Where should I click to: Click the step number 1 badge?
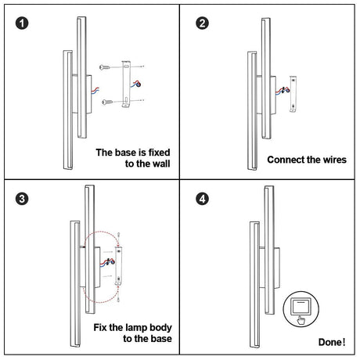click(x=22, y=23)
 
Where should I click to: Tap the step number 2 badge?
click(x=202, y=23)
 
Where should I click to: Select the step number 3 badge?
click(x=22, y=199)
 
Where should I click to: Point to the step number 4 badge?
click(x=202, y=199)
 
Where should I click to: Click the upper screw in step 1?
click(x=105, y=67)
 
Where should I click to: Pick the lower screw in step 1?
click(x=107, y=102)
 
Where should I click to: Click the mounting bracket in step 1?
click(x=126, y=85)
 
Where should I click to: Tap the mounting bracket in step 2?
click(x=293, y=94)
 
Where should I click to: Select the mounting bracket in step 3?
click(x=119, y=265)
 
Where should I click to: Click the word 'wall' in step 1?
click(x=161, y=164)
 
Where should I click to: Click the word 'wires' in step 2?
click(x=335, y=160)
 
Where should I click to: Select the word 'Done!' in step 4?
click(x=332, y=342)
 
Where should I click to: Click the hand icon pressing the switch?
click(x=301, y=320)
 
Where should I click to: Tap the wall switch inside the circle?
click(x=301, y=307)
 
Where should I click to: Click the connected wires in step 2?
click(x=283, y=90)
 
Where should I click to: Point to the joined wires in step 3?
click(x=107, y=261)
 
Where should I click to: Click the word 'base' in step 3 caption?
click(x=161, y=339)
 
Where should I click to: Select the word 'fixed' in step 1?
click(x=160, y=153)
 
